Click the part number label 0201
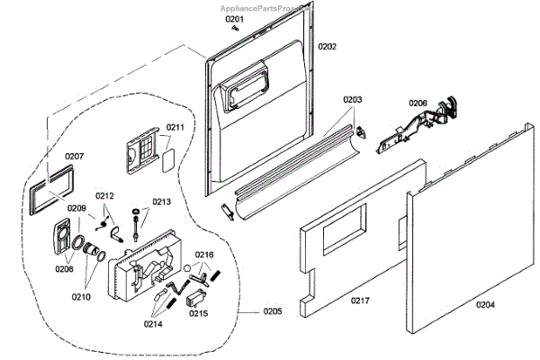(x=234, y=19)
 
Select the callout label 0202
(x=327, y=46)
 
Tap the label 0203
(x=352, y=100)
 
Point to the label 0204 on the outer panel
(x=485, y=305)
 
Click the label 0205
(x=272, y=311)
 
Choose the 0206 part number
(x=418, y=103)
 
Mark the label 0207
(x=74, y=157)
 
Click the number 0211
(x=175, y=127)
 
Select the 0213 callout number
(x=161, y=202)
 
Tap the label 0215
(x=198, y=313)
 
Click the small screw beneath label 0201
(x=236, y=29)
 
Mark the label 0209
(x=76, y=209)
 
